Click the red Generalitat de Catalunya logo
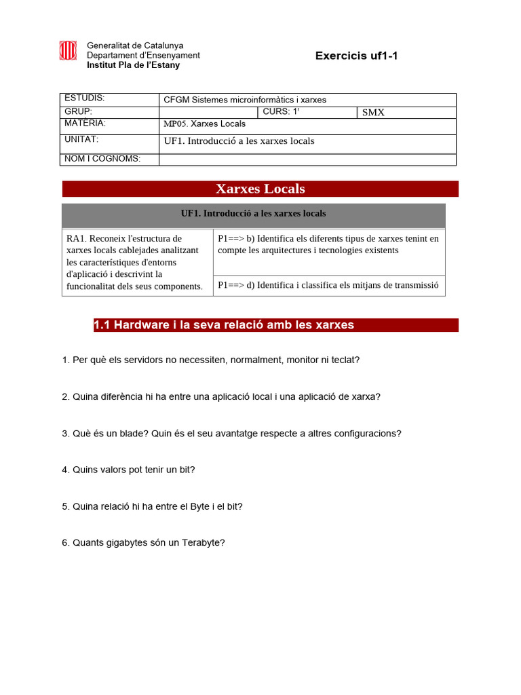(x=68, y=51)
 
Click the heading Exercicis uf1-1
(x=356, y=56)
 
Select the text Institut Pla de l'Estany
(x=133, y=65)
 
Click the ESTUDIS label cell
(x=110, y=99)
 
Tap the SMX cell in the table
(x=406, y=112)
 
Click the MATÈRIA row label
(x=110, y=125)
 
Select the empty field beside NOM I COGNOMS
(x=307, y=159)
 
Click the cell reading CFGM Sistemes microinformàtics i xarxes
(x=307, y=100)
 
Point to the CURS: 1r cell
(x=307, y=112)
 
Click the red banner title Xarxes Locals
(x=260, y=189)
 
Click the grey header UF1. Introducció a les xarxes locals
(x=253, y=214)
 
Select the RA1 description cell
(x=136, y=263)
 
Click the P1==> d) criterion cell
(x=328, y=285)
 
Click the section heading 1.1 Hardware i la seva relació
(x=224, y=325)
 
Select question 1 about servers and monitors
(x=210, y=360)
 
